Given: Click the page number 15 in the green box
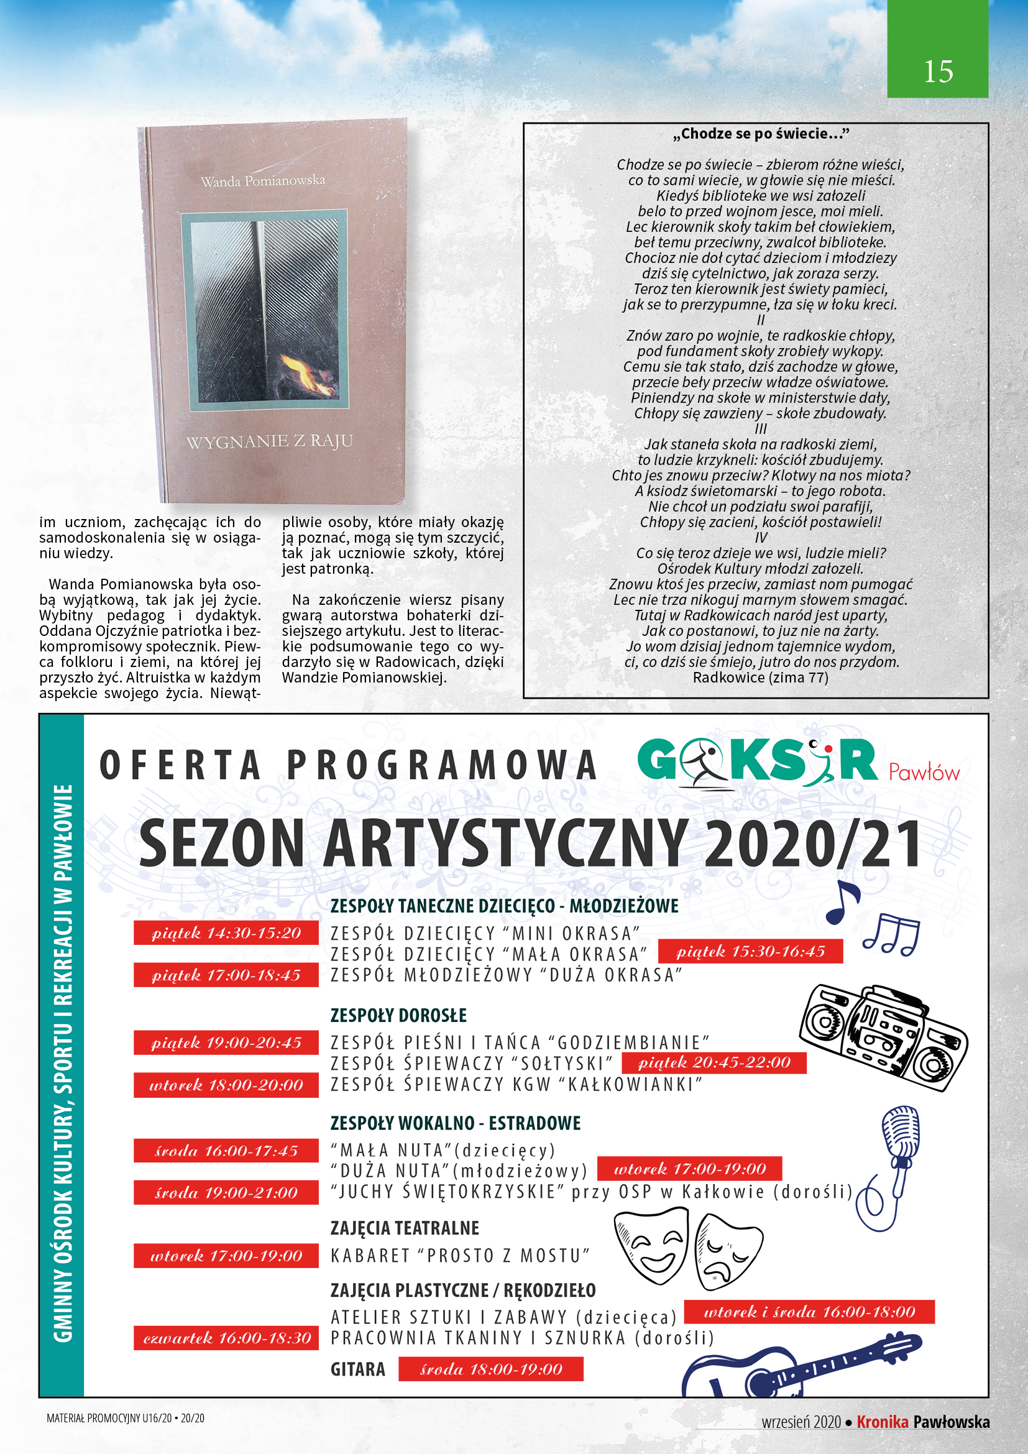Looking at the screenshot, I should (937, 71).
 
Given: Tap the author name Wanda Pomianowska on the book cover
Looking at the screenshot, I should (263, 181).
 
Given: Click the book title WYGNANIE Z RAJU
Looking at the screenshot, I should (270, 441).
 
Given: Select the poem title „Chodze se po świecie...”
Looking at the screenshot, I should (760, 134).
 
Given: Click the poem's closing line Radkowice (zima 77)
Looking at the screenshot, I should (760, 678).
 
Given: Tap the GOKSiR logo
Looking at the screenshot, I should (757, 762).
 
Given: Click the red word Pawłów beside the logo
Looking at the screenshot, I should (924, 772).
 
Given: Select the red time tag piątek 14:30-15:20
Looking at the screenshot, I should (226, 933).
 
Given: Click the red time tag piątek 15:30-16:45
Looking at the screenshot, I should (750, 951).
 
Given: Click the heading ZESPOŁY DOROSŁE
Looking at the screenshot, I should (398, 1015).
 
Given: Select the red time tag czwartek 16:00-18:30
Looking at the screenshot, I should (226, 1338).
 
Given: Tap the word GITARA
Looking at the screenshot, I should (357, 1369).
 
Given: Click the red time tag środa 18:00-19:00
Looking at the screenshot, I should (490, 1369).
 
